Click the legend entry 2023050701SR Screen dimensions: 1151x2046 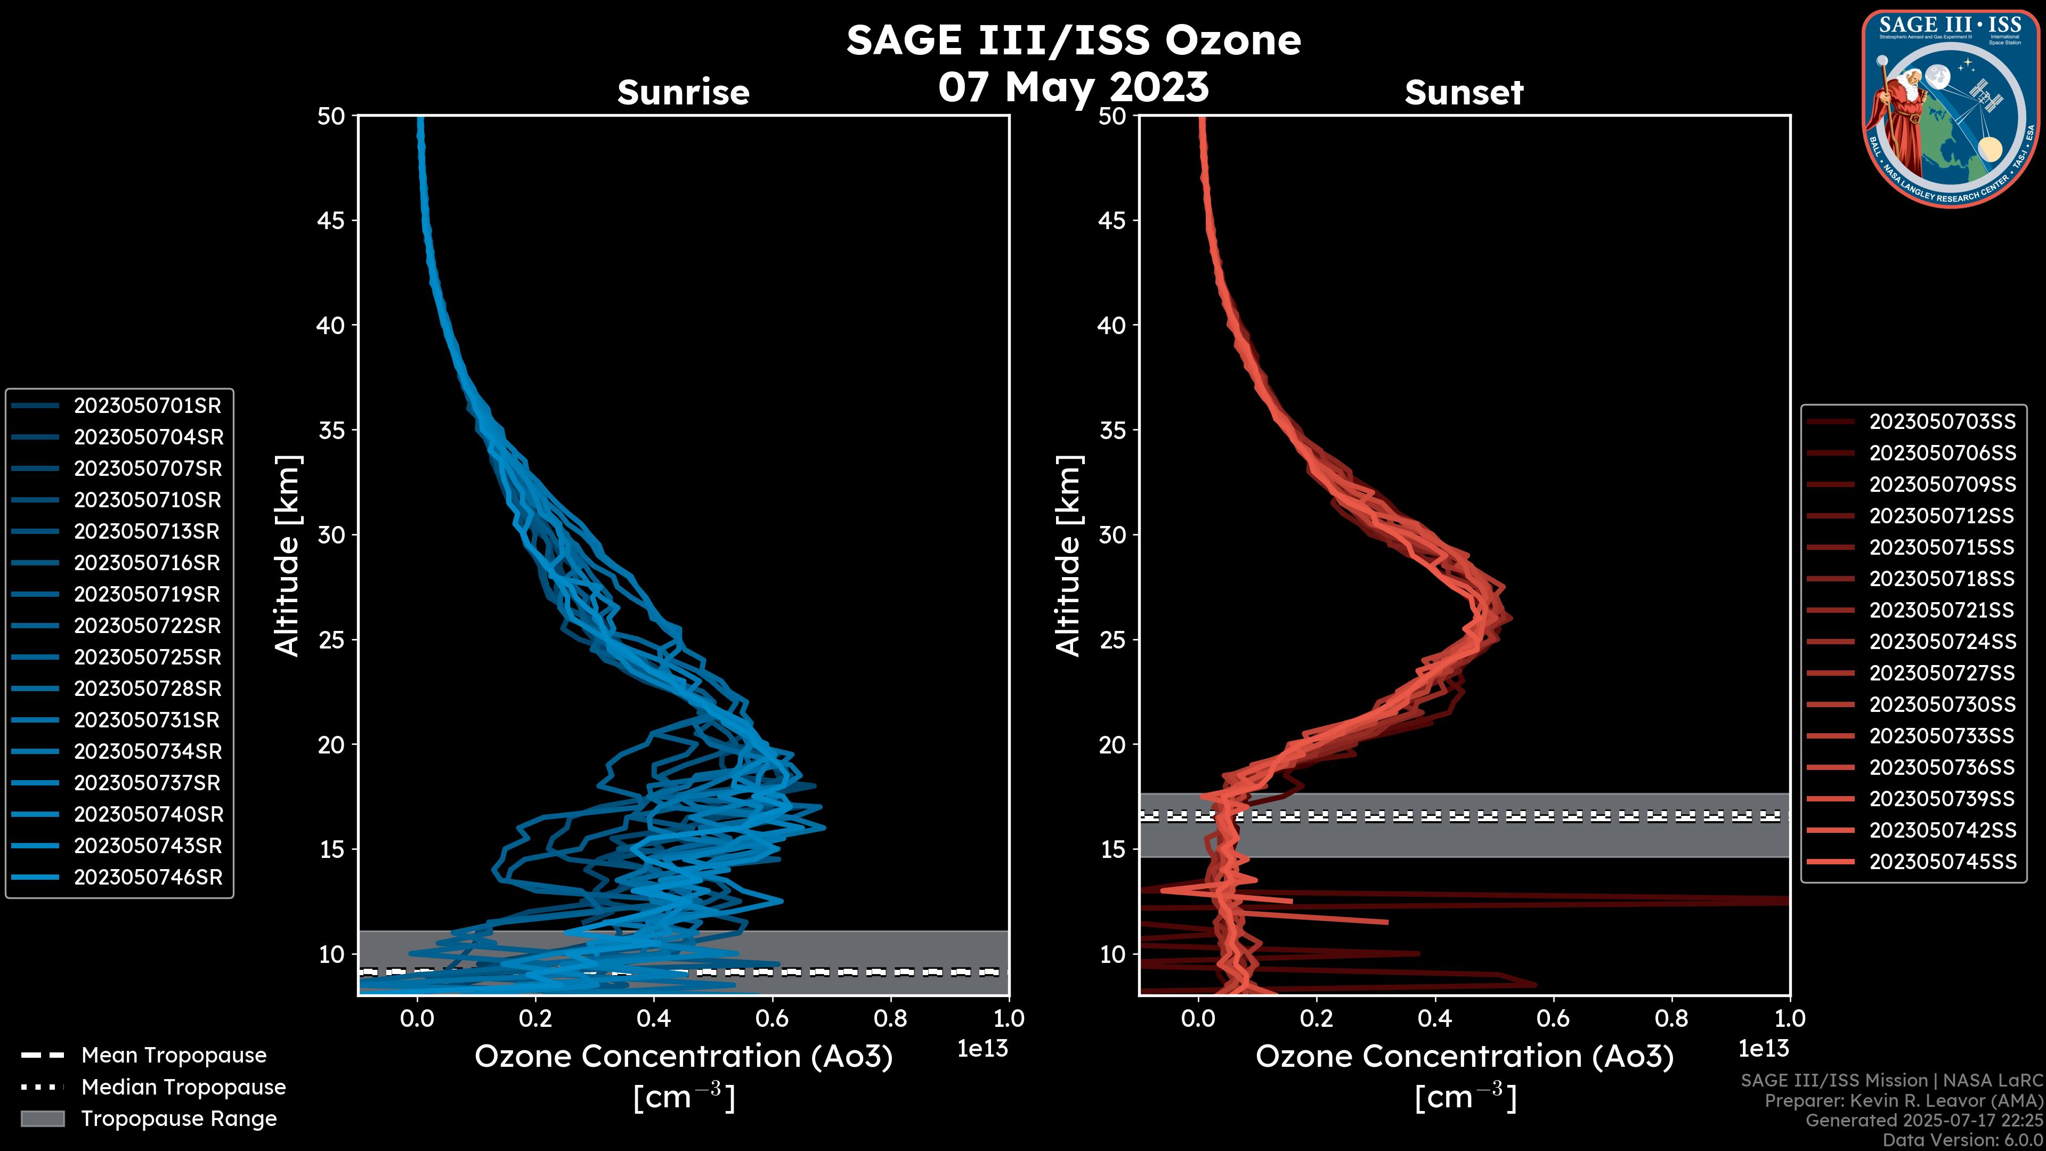pos(147,406)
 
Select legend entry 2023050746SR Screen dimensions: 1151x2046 pos(148,878)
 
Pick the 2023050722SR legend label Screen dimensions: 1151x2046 pos(147,626)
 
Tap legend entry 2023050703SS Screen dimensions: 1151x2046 pos(1942,422)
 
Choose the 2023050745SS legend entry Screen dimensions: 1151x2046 pos(1942,862)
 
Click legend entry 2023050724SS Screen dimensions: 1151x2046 pos(1942,642)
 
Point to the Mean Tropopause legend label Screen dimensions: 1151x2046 pos(173,1056)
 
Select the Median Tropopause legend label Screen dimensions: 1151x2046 pos(183,1088)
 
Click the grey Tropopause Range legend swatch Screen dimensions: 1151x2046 pos(43,1119)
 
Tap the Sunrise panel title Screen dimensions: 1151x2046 pos(683,93)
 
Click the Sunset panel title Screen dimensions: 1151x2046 pos(1464,93)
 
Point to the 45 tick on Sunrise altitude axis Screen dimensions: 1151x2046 pos(331,221)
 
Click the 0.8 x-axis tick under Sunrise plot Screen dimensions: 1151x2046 pos(890,1018)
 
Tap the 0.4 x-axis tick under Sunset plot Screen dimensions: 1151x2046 pos(1434,1018)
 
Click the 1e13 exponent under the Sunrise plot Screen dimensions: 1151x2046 pos(983,1049)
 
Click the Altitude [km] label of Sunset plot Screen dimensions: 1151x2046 pos(1069,555)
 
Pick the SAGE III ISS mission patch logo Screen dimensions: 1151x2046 pos(1951,108)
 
